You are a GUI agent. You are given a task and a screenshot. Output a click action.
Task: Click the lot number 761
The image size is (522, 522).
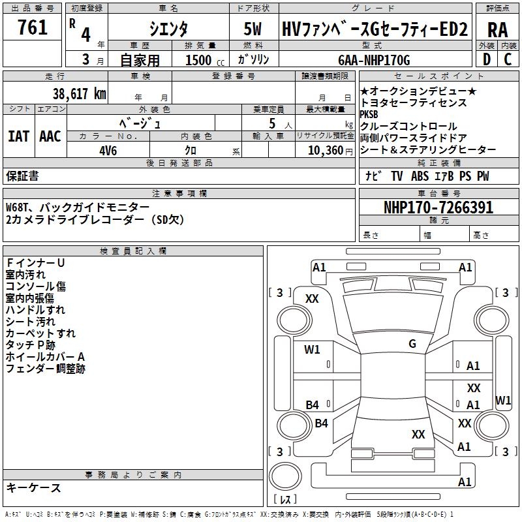click(x=32, y=27)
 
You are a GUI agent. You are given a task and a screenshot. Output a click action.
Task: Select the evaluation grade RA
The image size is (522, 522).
click(x=497, y=30)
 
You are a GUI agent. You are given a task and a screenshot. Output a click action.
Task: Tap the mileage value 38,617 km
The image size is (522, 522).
click(x=79, y=93)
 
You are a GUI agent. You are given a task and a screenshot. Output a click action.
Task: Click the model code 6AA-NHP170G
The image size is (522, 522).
click(x=374, y=60)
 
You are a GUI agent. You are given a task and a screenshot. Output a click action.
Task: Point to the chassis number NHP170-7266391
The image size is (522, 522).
click(x=438, y=207)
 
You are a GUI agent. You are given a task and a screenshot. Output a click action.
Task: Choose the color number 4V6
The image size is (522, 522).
click(x=108, y=151)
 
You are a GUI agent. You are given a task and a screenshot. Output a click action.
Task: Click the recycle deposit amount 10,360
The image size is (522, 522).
click(x=326, y=151)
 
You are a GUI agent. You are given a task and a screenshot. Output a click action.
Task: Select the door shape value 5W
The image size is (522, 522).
click(x=253, y=29)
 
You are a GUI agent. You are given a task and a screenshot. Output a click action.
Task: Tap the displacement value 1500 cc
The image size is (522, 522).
click(x=205, y=60)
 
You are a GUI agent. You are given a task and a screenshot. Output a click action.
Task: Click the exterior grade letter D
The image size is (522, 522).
click(x=487, y=59)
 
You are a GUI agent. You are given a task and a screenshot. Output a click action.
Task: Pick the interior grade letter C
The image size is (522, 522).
click(x=508, y=59)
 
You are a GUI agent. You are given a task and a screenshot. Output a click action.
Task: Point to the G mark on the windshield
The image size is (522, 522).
click(x=412, y=343)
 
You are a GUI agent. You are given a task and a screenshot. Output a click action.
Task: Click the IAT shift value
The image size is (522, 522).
click(x=18, y=136)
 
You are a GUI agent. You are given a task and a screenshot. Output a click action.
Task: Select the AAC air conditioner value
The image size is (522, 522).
click(x=50, y=136)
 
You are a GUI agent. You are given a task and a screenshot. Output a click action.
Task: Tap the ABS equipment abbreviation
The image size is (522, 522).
click(x=420, y=176)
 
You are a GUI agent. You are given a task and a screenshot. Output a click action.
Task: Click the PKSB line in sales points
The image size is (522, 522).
click(x=369, y=114)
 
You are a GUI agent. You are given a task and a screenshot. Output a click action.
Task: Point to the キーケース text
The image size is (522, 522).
click(x=33, y=487)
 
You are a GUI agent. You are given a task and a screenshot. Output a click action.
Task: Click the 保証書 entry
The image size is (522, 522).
click(x=22, y=176)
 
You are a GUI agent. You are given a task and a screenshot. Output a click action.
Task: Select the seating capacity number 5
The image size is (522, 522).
click(x=272, y=123)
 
